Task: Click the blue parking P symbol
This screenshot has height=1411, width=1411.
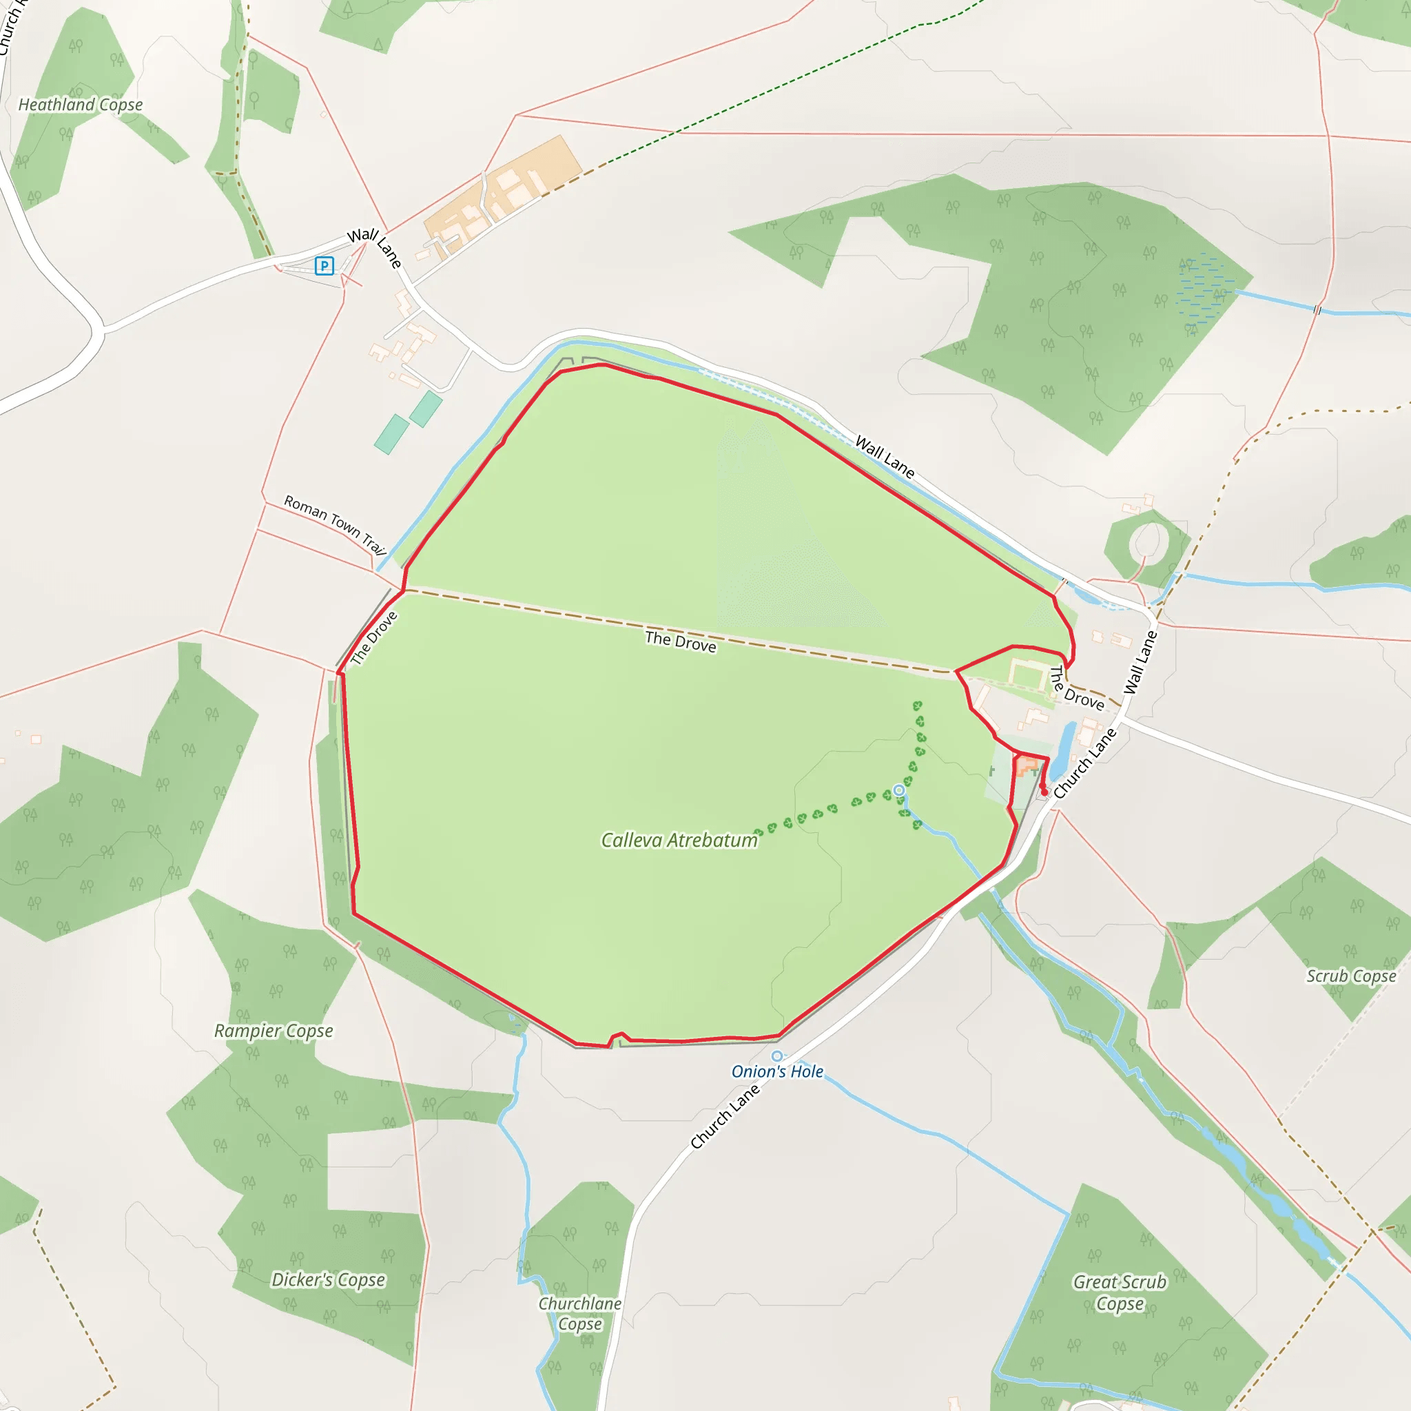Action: pos(325,266)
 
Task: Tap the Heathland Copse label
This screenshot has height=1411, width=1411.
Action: pos(81,105)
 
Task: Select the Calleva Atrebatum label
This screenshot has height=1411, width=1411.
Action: pos(679,841)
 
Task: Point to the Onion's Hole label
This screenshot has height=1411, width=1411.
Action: pos(777,1071)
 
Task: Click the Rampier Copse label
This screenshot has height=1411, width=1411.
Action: pos(273,1031)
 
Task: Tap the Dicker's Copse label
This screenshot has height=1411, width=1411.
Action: pos(328,1279)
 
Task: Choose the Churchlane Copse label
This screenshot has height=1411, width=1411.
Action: pos(580,1313)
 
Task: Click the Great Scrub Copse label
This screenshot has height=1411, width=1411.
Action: pos(1120,1292)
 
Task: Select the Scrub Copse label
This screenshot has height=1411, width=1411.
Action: pos(1351,976)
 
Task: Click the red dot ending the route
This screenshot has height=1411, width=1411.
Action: pos(1044,792)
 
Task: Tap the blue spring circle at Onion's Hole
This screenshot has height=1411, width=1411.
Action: pos(777,1056)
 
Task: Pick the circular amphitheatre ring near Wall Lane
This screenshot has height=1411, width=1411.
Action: pos(1148,544)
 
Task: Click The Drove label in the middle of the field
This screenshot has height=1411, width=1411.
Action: pos(681,641)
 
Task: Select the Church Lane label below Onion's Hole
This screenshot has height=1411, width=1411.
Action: pos(725,1118)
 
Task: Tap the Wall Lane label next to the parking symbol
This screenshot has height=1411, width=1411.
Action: pos(374,247)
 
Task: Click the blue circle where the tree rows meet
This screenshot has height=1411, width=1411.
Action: pos(899,790)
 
